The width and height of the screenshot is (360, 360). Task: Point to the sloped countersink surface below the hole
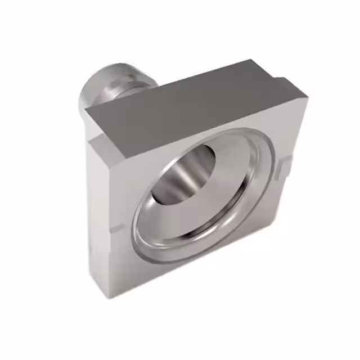[197, 217]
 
